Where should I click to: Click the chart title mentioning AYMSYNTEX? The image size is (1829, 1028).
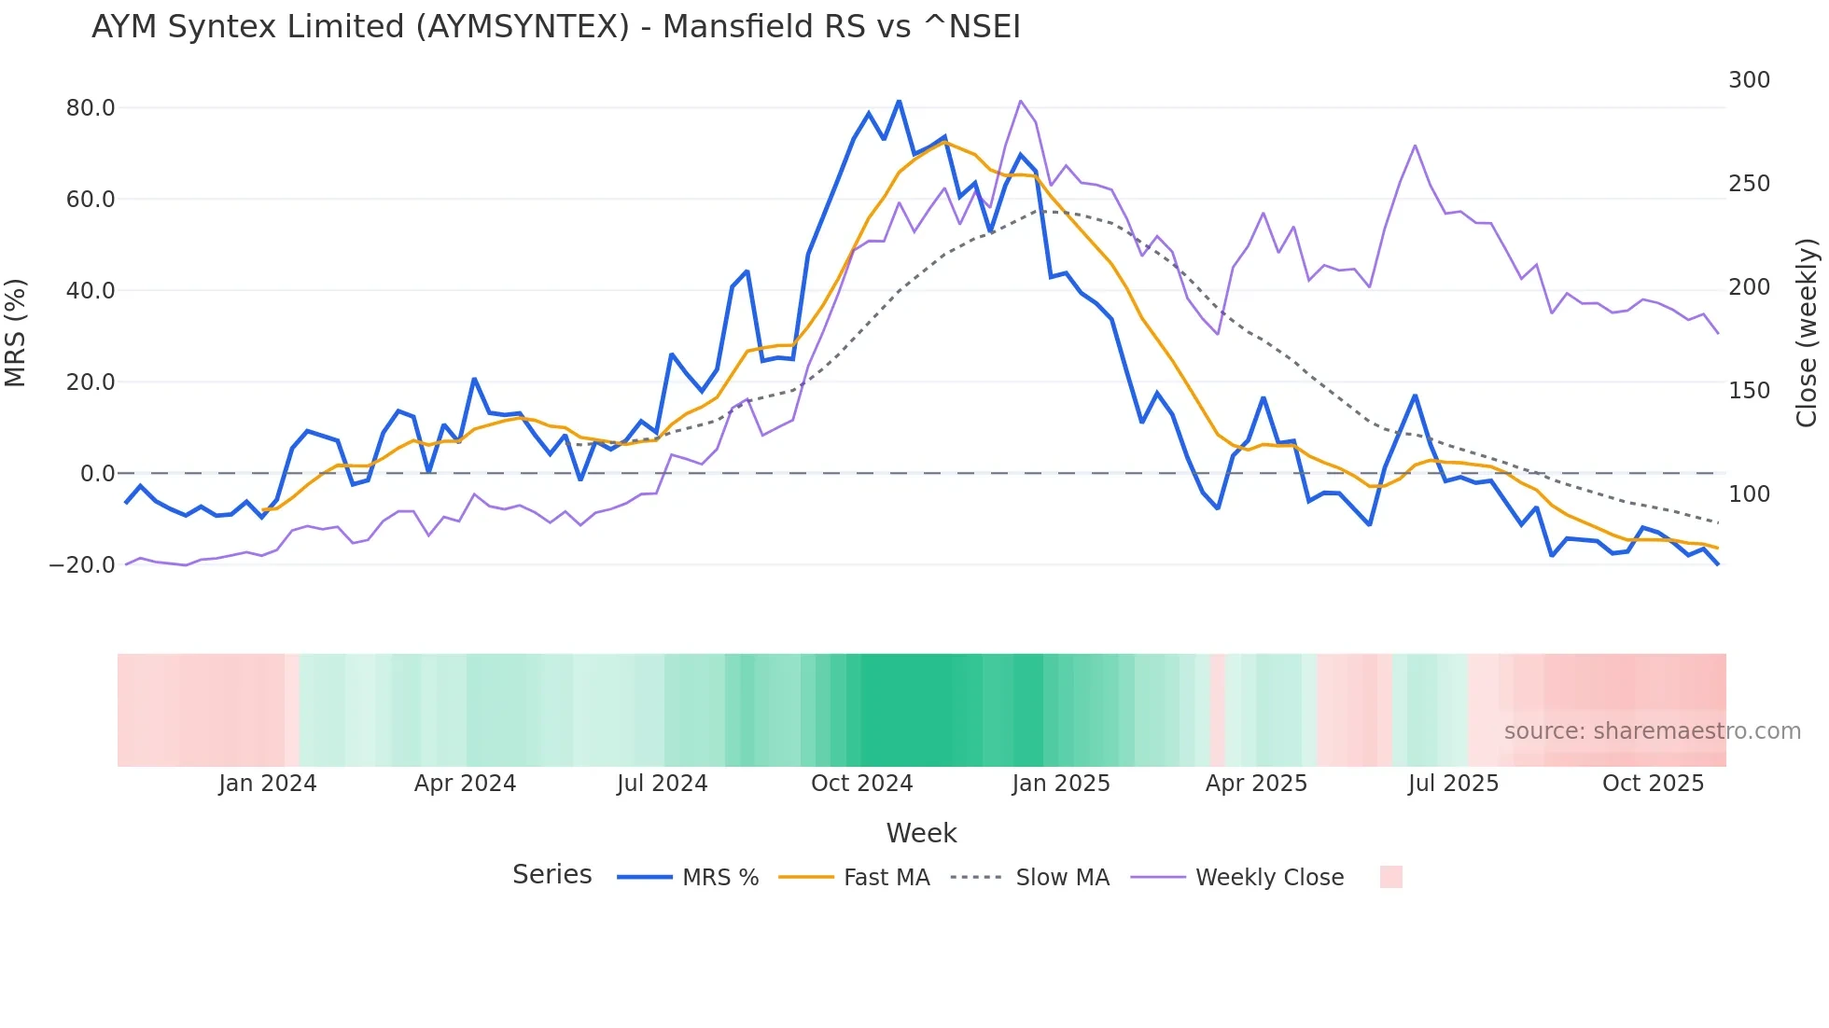[x=556, y=27]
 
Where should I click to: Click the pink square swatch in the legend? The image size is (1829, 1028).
[x=1390, y=877]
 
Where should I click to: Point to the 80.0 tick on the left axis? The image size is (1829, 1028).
[x=91, y=108]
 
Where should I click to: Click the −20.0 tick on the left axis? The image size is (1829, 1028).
[x=82, y=565]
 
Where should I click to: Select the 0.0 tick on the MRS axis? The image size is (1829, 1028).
[x=97, y=474]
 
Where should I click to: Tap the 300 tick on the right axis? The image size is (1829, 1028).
[x=1749, y=80]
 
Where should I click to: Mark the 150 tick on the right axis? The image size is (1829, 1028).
[x=1749, y=391]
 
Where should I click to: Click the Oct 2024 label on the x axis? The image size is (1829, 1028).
[x=861, y=784]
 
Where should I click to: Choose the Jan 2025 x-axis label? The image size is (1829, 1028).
[x=1061, y=784]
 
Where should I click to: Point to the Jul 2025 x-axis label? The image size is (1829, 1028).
[x=1453, y=784]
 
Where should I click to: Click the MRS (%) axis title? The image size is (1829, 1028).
[x=16, y=333]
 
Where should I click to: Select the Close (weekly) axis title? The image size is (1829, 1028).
[x=1807, y=333]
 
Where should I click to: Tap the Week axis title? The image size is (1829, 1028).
[x=921, y=833]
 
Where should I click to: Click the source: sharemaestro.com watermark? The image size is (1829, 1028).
[x=1652, y=731]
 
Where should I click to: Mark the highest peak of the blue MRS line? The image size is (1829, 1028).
[x=899, y=101]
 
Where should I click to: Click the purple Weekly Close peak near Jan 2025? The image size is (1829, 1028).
[x=1021, y=101]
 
